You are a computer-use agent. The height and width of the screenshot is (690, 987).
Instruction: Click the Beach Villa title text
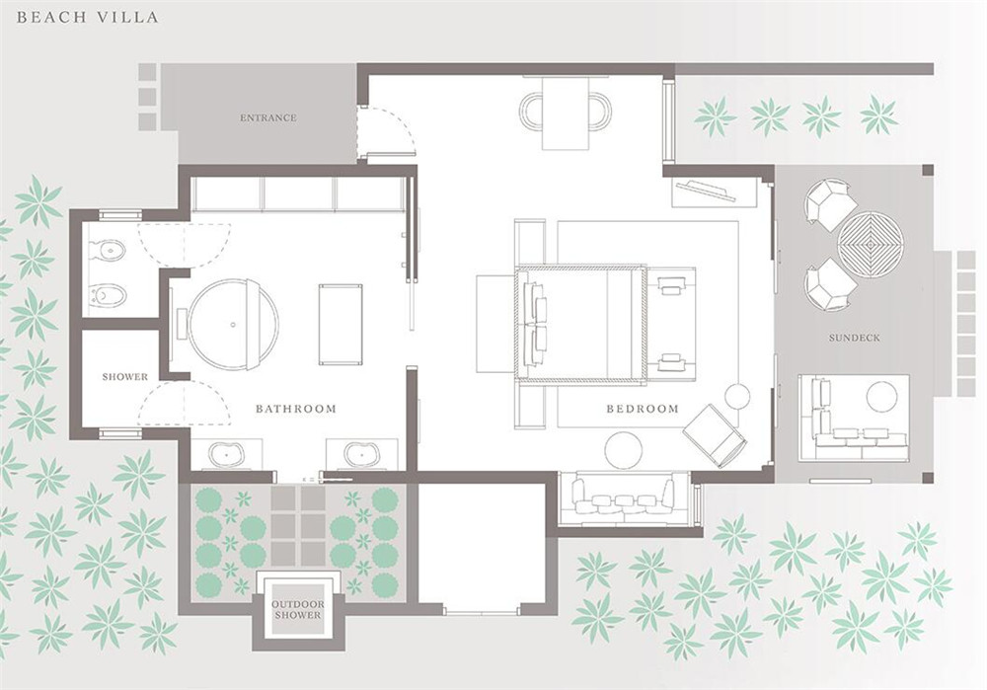click(88, 17)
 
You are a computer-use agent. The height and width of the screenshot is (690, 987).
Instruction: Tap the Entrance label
click(268, 117)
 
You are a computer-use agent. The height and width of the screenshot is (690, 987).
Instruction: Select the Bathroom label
click(296, 409)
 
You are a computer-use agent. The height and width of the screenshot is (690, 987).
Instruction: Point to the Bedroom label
click(643, 409)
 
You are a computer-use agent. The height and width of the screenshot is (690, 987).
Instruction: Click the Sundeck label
click(854, 338)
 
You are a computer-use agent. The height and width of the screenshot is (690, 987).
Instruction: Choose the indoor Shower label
click(125, 377)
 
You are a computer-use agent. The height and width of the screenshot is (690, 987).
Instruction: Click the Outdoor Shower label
click(298, 609)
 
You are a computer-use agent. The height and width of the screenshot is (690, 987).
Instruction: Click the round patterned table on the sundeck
click(871, 243)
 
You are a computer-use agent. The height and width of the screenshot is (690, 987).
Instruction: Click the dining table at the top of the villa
click(566, 114)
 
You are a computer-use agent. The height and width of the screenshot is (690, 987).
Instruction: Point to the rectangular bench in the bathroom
click(341, 324)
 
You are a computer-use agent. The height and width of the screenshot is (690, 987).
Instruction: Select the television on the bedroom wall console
click(706, 190)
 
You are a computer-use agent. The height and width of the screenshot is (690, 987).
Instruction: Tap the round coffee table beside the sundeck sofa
click(881, 397)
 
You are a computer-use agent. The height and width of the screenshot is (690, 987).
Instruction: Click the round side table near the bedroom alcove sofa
click(624, 449)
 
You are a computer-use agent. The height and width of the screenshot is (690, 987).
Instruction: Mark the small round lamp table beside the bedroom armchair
click(737, 396)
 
